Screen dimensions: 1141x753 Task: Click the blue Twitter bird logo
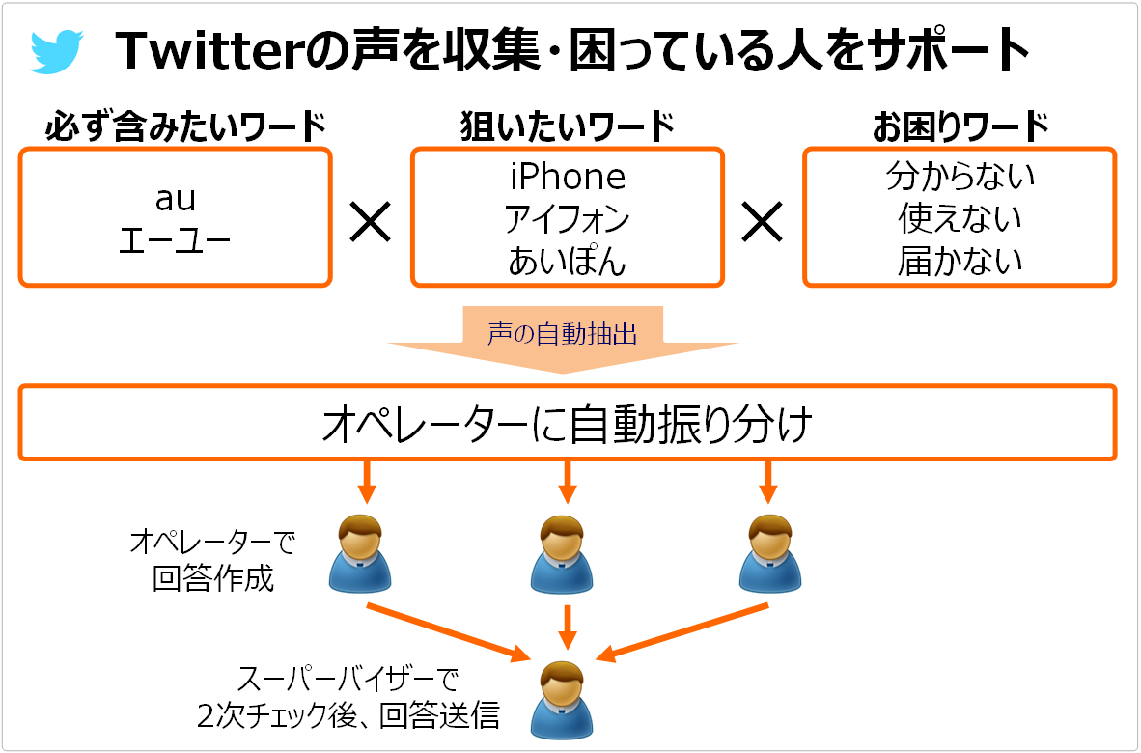pyautogui.click(x=57, y=51)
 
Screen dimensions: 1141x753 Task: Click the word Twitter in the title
pyautogui.click(x=210, y=51)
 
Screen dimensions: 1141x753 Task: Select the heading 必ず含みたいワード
pyautogui.click(x=185, y=126)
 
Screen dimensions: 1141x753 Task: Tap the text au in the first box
pyautogui.click(x=176, y=199)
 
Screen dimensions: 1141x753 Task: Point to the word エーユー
pyautogui.click(x=175, y=239)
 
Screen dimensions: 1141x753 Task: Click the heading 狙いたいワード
pyautogui.click(x=568, y=126)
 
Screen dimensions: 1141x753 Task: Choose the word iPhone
pyautogui.click(x=568, y=177)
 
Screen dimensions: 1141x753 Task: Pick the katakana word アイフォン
pyautogui.click(x=568, y=219)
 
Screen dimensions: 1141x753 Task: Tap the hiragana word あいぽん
pyautogui.click(x=568, y=262)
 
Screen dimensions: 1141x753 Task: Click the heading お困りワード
pyautogui.click(x=960, y=126)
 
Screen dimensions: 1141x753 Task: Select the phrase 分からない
pyautogui.click(x=960, y=176)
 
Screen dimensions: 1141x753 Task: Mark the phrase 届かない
pyautogui.click(x=960, y=262)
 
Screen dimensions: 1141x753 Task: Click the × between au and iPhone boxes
pyautogui.click(x=371, y=222)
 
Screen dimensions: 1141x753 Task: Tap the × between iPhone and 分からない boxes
pyautogui.click(x=762, y=222)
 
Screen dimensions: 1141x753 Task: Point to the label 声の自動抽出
pyautogui.click(x=563, y=334)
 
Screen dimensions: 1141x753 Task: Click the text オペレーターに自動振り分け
pyautogui.click(x=567, y=424)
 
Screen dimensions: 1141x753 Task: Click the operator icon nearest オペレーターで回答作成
pyautogui.click(x=360, y=554)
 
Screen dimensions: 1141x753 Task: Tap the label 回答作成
pyautogui.click(x=213, y=579)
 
